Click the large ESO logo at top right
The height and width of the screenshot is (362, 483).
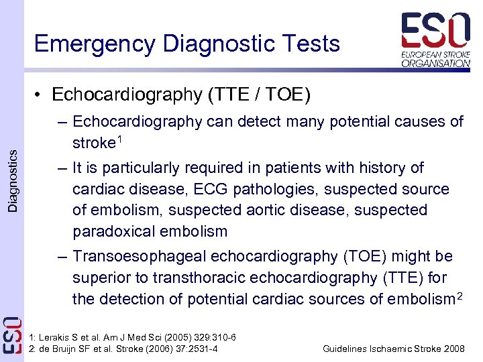pyautogui.click(x=435, y=31)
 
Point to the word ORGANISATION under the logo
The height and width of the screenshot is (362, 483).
pyautogui.click(x=436, y=63)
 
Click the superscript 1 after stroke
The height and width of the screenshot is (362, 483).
pyautogui.click(x=119, y=139)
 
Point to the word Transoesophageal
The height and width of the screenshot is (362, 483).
pyautogui.click(x=140, y=257)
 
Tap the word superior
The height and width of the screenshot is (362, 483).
pyautogui.click(x=101, y=278)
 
